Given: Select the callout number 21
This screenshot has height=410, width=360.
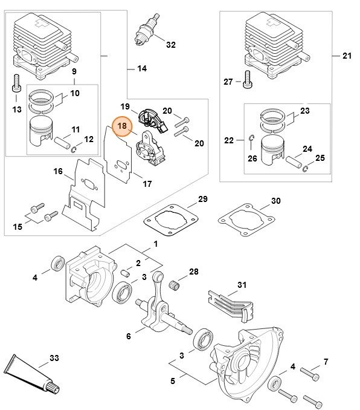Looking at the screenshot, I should pyautogui.click(x=346, y=56).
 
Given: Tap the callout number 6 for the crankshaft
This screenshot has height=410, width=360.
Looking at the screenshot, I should pyautogui.click(x=128, y=336).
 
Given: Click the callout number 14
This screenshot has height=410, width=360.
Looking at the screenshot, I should pyautogui.click(x=141, y=68).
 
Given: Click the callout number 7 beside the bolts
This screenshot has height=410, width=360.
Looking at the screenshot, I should pyautogui.click(x=326, y=362).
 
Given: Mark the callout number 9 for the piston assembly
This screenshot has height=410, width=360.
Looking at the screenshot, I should pyautogui.click(x=74, y=72).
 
